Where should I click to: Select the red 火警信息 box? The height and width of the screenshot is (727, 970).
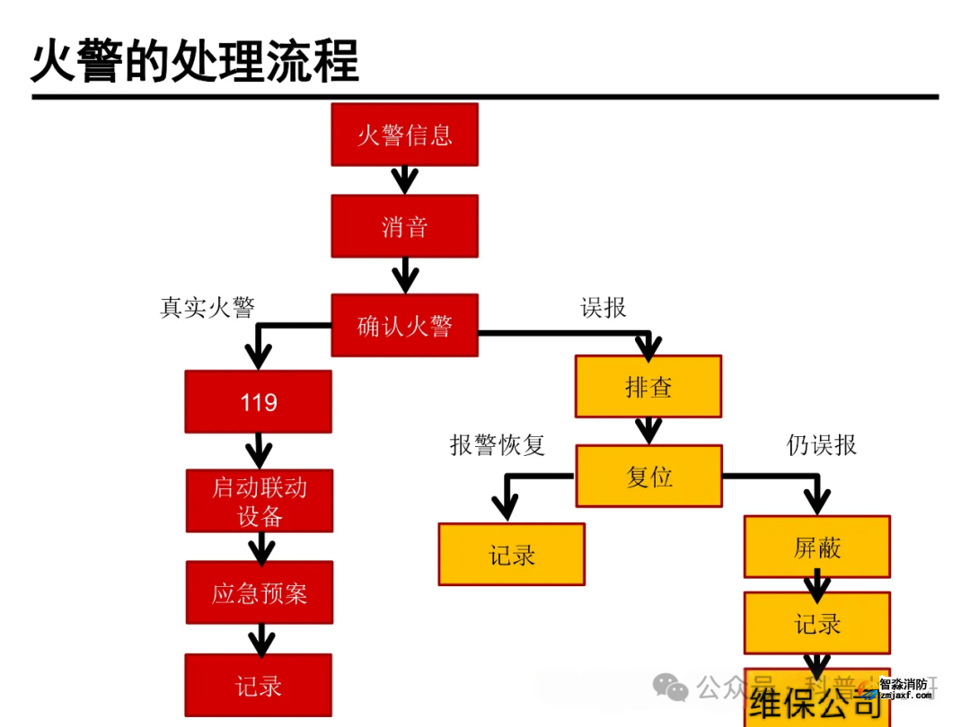pos(404,135)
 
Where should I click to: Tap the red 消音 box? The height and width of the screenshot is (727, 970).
pos(404,226)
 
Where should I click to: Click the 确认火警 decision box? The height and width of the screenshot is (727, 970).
pos(404,325)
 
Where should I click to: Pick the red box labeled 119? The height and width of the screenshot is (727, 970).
pos(259,401)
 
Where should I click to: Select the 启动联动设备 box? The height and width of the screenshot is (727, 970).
pos(260,501)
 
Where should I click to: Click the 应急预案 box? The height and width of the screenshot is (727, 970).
pos(260,592)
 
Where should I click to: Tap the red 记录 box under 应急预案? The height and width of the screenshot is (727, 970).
pos(259,686)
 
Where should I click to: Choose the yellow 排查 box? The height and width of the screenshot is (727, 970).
pos(648,387)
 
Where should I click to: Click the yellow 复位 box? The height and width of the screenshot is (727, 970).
pos(648,476)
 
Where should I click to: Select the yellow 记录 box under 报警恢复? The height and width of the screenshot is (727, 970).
pos(512,555)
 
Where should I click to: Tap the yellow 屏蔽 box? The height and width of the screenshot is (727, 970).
pos(817,547)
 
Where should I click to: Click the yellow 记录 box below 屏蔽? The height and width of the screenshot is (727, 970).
pos(817,623)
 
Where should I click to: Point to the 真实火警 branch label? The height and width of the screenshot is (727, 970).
pos(207,308)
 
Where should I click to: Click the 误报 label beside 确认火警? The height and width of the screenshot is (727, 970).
pos(604,308)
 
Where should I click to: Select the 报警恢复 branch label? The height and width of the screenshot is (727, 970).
pos(498,445)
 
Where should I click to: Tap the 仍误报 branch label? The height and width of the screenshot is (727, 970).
pos(822,445)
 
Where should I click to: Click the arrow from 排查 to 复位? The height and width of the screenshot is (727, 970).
pos(648,431)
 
